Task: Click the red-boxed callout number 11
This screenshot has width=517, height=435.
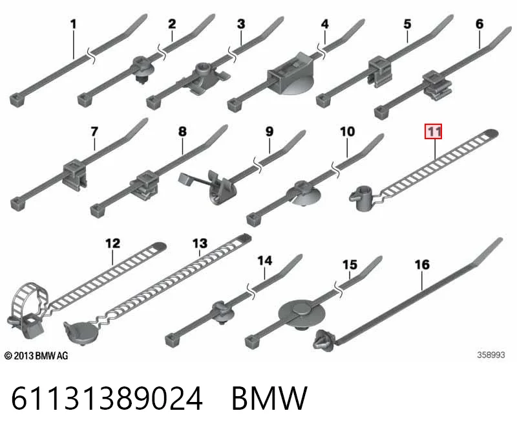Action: (x=433, y=131)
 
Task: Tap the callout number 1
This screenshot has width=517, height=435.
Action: (x=73, y=24)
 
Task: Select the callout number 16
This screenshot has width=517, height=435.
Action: (x=422, y=265)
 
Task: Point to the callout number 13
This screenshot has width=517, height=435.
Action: (x=200, y=243)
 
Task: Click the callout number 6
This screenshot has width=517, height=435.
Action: (x=480, y=24)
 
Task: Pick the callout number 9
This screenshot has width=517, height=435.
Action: (x=269, y=131)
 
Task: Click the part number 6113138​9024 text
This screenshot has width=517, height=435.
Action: (x=107, y=398)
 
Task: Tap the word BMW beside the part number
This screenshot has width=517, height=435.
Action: (x=269, y=398)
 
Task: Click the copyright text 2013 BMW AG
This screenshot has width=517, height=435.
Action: (x=36, y=356)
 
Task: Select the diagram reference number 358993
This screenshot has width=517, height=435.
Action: (x=491, y=355)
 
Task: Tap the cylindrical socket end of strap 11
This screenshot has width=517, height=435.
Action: (x=362, y=198)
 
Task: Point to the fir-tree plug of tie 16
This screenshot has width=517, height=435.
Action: (x=324, y=340)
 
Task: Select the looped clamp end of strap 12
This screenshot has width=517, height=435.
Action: (x=28, y=310)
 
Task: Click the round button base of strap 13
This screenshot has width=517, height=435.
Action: (x=81, y=333)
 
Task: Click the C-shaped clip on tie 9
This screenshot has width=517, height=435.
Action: (x=222, y=188)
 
